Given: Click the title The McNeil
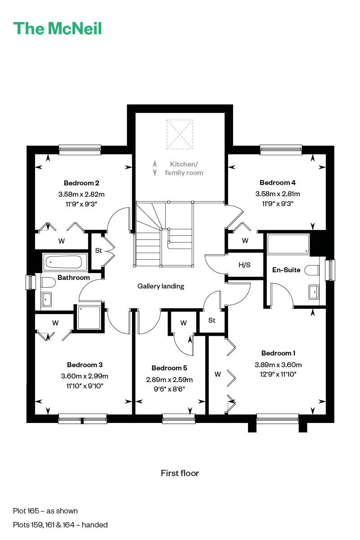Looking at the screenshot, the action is (58, 28).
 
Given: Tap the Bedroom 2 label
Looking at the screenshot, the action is (81, 183).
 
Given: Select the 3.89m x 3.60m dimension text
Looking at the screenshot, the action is (278, 364).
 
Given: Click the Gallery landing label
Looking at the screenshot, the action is (161, 286).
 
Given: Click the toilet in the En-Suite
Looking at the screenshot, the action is (312, 270).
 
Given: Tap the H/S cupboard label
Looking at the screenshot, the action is (244, 265).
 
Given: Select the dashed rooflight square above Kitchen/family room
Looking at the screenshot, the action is (180, 134).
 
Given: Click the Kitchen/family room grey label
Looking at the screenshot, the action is (184, 168).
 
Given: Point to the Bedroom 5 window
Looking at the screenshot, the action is (179, 418).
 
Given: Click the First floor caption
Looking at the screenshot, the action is (180, 473).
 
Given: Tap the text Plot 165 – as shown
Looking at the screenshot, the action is (45, 511).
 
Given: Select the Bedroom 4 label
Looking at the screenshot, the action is (278, 183).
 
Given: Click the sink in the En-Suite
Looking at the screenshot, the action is (314, 292).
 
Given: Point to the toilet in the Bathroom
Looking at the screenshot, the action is (48, 282).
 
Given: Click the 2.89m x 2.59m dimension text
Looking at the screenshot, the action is (169, 380).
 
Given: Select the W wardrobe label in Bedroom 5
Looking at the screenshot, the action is (184, 323).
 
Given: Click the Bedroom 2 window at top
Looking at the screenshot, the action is (80, 150).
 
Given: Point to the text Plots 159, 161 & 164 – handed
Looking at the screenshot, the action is (60, 525).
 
